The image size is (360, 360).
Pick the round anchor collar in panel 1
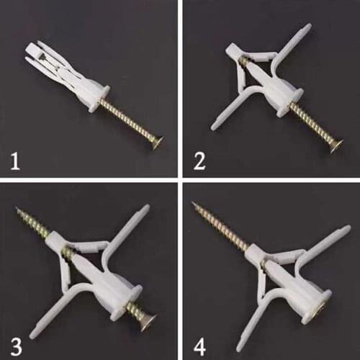tap(99, 99)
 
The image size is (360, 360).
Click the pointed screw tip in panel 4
tap(195, 206)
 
